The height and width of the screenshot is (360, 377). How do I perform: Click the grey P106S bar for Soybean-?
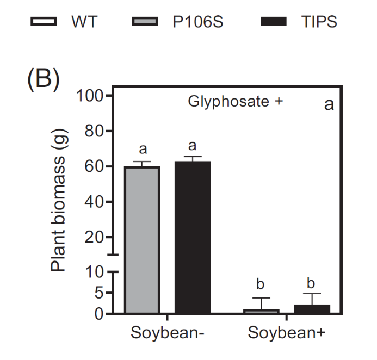[142, 239]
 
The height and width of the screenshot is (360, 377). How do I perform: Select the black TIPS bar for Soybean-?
[193, 237]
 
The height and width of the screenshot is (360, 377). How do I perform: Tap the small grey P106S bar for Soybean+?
[261, 311]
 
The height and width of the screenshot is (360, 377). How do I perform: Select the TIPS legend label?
[319, 22]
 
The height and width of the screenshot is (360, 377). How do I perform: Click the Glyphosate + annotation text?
[236, 102]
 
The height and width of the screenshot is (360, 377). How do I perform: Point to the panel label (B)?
[43, 79]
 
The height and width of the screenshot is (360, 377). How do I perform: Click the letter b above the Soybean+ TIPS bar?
[311, 283]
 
